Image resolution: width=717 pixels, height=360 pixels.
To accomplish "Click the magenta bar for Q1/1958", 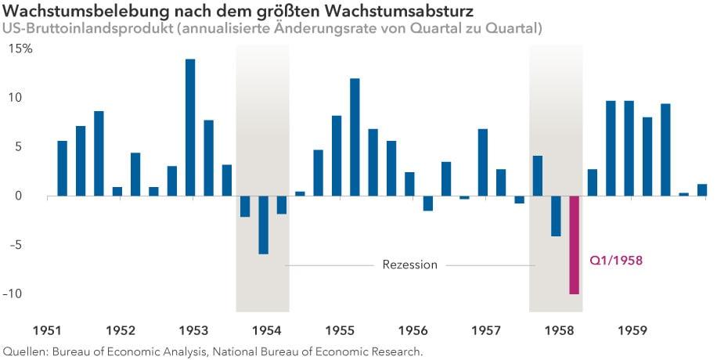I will point(574,244).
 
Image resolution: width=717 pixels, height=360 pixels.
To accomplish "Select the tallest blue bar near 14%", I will point(190,127).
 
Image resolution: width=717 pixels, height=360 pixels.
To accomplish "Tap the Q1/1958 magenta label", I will point(616,260).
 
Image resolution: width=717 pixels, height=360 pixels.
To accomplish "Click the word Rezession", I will point(409,265).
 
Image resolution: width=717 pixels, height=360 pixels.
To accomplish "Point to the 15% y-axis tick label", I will point(21,49).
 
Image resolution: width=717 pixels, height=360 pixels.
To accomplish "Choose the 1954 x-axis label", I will point(268,329).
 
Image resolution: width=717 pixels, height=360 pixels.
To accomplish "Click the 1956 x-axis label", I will point(413,329).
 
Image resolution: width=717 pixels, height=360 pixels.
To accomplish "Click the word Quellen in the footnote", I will point(25,351).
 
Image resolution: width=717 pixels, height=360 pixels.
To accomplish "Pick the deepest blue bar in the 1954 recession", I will point(263,225).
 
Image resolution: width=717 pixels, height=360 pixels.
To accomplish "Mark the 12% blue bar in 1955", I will point(355,137).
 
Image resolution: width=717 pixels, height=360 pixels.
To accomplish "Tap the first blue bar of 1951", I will point(62,168).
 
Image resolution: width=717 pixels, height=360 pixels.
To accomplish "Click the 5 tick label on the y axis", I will point(27,146).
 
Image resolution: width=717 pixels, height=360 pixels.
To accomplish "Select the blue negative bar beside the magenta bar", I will point(556,215).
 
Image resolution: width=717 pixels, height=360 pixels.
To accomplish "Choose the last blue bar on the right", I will point(702,190).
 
